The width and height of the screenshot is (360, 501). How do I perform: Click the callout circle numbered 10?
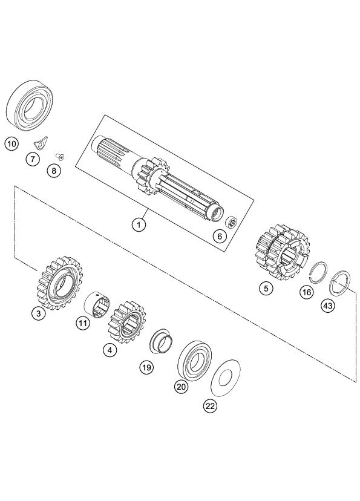[11, 144]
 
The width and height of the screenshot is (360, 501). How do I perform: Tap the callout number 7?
[32, 159]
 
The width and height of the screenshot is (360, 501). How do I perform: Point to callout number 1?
[140, 224]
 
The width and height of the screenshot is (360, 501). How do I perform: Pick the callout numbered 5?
[265, 289]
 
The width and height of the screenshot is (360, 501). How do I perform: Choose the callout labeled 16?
[307, 292]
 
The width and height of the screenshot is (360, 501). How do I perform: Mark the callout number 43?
[327, 306]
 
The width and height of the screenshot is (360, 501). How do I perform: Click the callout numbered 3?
[39, 315]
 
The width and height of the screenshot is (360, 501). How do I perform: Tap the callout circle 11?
[83, 324]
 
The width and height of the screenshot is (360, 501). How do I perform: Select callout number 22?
[209, 407]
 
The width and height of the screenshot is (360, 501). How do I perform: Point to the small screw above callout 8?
[60, 155]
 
